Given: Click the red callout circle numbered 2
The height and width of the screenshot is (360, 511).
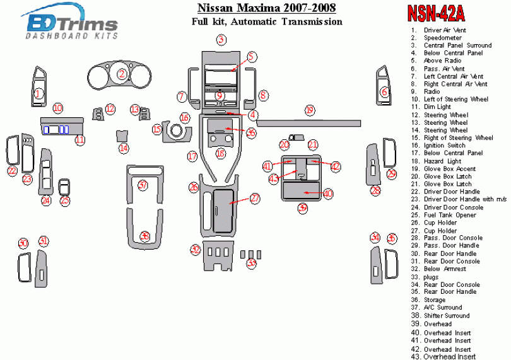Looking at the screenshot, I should pyautogui.click(x=121, y=74).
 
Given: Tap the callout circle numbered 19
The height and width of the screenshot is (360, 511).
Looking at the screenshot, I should pyautogui.click(x=309, y=110).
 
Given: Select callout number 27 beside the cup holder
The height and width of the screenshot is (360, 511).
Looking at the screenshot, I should pyautogui.click(x=255, y=198).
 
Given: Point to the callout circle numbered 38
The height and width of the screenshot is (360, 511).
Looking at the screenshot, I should pyautogui.click(x=145, y=236).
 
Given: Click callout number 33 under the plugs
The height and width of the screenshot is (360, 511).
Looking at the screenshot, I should pyautogui.click(x=252, y=264).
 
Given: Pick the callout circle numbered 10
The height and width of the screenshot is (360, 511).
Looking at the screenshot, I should pyautogui.click(x=58, y=108).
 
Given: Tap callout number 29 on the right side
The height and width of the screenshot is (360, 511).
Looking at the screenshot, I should pyautogui.click(x=392, y=173).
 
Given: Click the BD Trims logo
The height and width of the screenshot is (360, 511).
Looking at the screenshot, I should pyautogui.click(x=71, y=25).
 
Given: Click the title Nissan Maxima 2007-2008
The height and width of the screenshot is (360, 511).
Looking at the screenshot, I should pyautogui.click(x=266, y=8).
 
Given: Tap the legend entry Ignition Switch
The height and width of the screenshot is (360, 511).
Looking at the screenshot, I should pyautogui.click(x=444, y=146).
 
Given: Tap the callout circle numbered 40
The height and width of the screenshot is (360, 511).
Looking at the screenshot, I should pyautogui.click(x=328, y=194).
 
